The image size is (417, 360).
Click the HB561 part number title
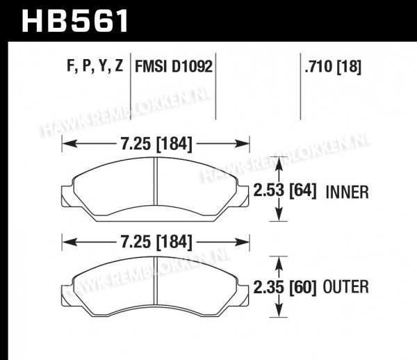coord(74,20)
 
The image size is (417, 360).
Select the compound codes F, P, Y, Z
coord(95,65)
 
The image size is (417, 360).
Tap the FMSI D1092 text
coord(174,66)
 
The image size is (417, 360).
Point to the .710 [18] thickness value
coord(333,67)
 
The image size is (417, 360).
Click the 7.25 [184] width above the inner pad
coord(156,145)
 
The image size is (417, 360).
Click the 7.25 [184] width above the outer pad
coord(156,243)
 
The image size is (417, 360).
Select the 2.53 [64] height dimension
coord(285,190)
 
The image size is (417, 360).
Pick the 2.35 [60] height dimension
coord(285,288)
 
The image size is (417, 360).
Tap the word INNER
coord(347,192)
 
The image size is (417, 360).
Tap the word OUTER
coord(345,287)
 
